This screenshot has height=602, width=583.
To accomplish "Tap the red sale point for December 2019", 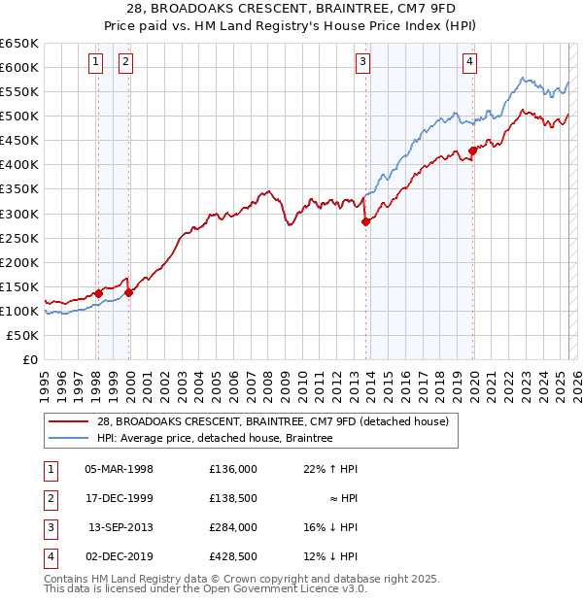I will tap(473, 150).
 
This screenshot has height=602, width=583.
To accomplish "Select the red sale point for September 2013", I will tap(366, 221).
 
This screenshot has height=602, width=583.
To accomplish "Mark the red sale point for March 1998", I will tap(98, 293).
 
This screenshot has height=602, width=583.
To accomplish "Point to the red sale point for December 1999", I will tap(129, 292).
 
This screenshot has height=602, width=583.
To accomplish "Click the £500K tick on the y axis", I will tap(19, 117).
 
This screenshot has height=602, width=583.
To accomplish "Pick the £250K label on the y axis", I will tap(19, 238).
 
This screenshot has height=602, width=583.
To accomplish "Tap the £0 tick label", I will tap(29, 359).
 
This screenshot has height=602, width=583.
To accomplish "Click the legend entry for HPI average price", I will tap(214, 439).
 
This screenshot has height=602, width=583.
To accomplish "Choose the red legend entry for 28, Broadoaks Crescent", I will tap(272, 422).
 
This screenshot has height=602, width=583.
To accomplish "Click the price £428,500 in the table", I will tap(232, 556).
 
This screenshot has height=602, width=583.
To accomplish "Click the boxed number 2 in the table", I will tap(49, 498).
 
